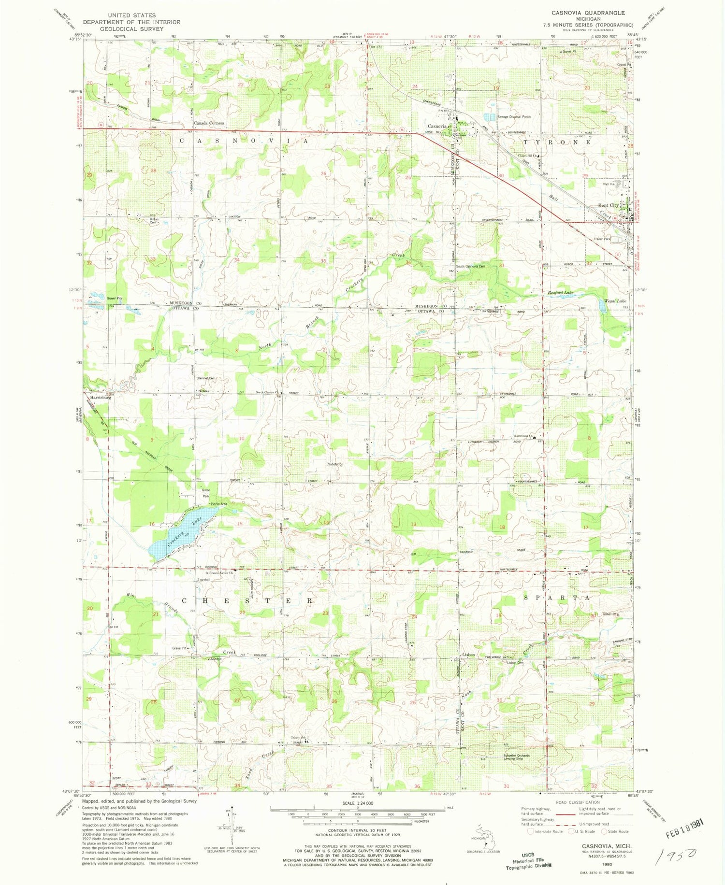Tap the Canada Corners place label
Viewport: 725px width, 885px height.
[209, 123]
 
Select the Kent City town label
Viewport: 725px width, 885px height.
[608, 205]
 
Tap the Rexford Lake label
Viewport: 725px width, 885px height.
[560, 292]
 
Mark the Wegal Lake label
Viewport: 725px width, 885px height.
[615, 301]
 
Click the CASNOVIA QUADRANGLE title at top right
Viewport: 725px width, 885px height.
[590, 13]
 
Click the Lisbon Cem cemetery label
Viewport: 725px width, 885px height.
[515, 662]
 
